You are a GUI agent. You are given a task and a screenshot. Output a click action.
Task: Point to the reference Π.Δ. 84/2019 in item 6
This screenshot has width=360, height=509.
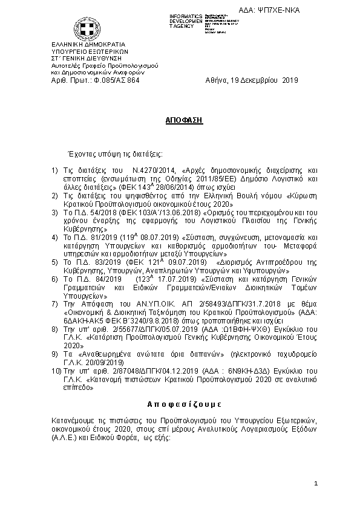click(93, 281)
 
